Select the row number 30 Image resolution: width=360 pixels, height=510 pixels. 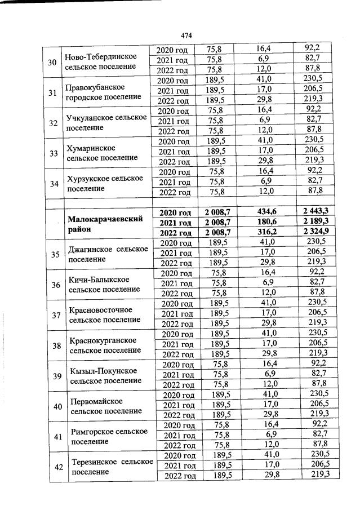pyautogui.click(x=52, y=62)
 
